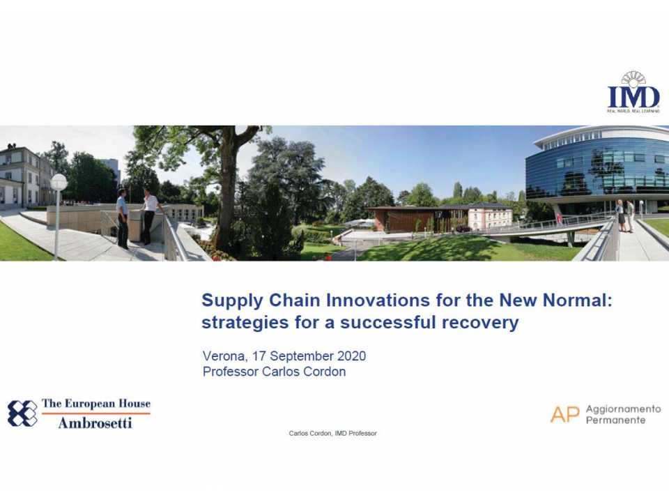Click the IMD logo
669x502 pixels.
coord(633,93)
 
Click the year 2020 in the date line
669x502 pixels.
coord(351,356)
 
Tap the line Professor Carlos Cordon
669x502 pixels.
coord(274,372)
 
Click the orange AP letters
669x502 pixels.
coord(564,414)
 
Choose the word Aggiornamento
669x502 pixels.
coord(623,409)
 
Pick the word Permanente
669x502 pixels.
coord(615,420)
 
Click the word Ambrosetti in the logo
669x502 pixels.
coord(95,423)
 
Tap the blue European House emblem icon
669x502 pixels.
coord(22,413)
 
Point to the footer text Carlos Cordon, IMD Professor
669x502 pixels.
coord(332,434)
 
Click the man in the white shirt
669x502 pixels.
coord(149,217)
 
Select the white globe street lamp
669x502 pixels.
coord(59,183)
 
